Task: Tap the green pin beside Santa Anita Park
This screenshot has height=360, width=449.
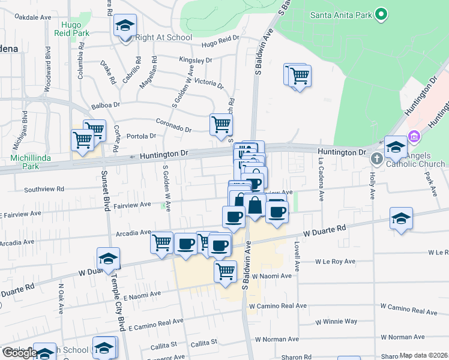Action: point(381,14)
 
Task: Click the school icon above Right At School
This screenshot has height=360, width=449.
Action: point(125,26)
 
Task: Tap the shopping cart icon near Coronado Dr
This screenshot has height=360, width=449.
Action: point(221,125)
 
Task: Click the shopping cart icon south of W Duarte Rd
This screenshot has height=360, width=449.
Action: point(225,271)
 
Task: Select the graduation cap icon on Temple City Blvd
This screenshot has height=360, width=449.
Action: point(108,259)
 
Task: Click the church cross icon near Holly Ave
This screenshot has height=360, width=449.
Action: point(376,159)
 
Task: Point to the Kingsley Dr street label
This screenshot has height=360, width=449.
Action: point(196,60)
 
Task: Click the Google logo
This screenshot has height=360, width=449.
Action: point(19,353)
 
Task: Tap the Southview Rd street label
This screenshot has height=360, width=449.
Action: point(44,190)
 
